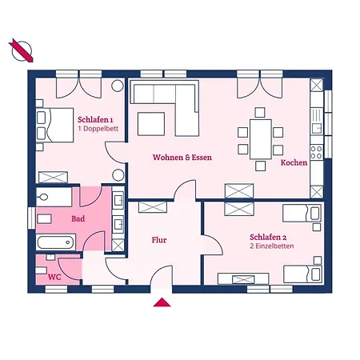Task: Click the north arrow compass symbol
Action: [x=22, y=50]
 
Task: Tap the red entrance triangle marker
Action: [x=162, y=302]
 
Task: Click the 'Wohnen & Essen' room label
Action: [x=182, y=158]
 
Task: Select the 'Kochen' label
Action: [x=294, y=162]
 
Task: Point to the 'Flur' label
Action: [x=159, y=240]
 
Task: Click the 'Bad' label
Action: [x=78, y=218]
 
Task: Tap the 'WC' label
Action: [x=54, y=277]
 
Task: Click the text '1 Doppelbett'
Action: [x=98, y=129]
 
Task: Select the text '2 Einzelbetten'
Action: [x=272, y=246]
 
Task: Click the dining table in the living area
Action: [x=261, y=139]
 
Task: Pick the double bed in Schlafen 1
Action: [x=54, y=125]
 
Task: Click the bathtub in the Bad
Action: [x=56, y=242]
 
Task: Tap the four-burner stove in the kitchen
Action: [x=317, y=152]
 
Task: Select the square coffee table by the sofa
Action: [x=151, y=124]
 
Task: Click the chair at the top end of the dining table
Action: [x=260, y=113]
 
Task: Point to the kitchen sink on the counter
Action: [x=317, y=129]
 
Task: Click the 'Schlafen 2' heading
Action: [x=268, y=237]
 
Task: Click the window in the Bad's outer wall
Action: [x=31, y=218]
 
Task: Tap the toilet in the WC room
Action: [x=41, y=270]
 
